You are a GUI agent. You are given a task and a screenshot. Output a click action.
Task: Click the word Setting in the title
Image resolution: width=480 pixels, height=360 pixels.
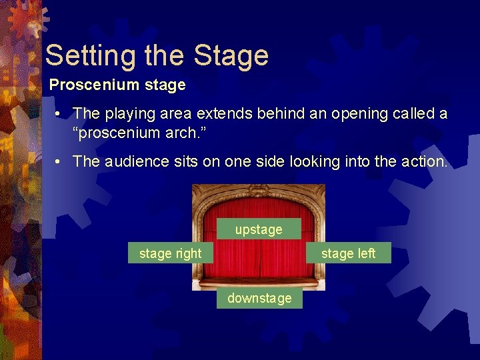(x=83, y=55)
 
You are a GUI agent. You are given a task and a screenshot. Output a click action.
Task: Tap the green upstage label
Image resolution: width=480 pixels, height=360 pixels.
(x=259, y=229)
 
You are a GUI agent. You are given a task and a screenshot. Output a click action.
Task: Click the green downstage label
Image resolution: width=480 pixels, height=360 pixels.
(x=259, y=298)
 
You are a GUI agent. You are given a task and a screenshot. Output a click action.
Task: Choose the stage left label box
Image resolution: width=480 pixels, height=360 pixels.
(x=348, y=253)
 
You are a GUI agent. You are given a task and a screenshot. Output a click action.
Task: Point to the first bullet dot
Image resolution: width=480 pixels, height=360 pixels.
(x=59, y=114)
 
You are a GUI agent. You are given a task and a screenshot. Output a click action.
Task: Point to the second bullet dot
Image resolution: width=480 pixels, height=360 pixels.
(x=59, y=161)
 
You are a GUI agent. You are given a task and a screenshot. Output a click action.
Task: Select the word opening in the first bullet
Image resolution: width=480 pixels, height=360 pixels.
(x=356, y=114)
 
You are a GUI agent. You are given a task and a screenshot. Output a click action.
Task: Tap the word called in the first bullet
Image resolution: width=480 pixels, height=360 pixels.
(x=410, y=114)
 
